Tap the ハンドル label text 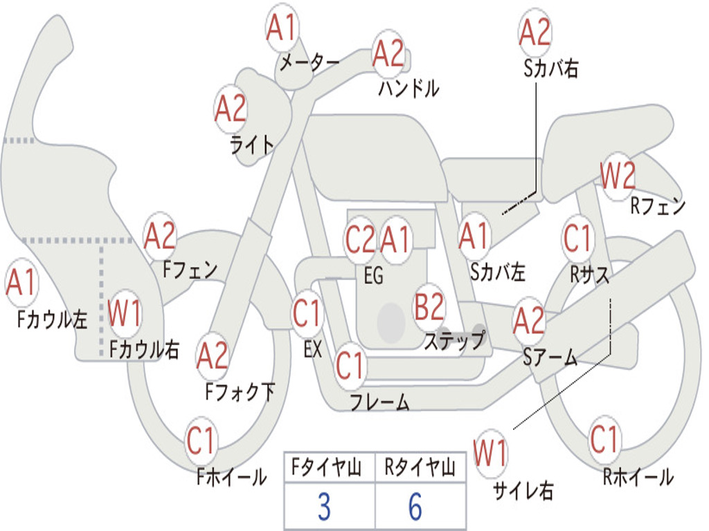tap(409, 88)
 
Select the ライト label tap(252, 144)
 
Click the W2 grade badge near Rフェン tap(618, 176)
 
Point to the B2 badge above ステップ tap(429, 307)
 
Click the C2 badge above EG tap(360, 240)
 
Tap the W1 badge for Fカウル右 tap(125, 315)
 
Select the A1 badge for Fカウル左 tap(21, 283)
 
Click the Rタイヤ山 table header tap(420, 469)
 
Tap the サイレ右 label tap(523, 491)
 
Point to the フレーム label tap(379, 402)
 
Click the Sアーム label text tap(550, 357)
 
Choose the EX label tap(313, 349)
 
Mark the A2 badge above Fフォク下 tap(212, 356)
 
